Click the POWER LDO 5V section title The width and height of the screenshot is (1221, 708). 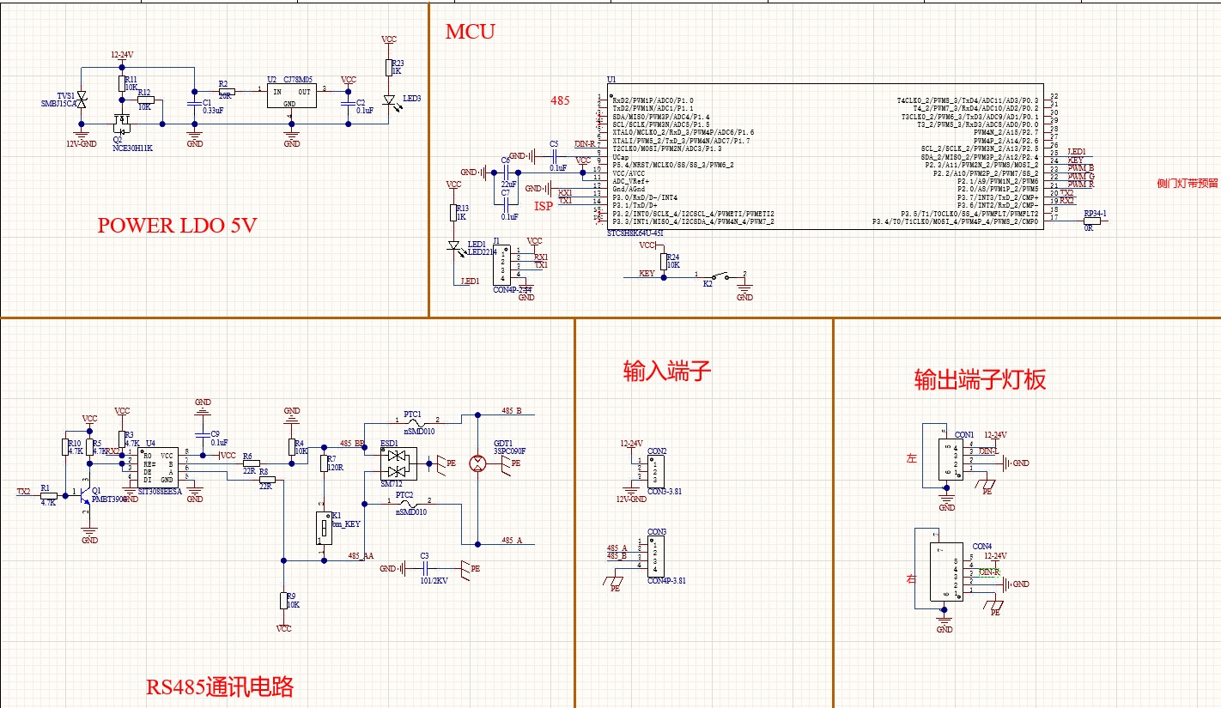[177, 226]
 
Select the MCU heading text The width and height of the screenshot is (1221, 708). [470, 33]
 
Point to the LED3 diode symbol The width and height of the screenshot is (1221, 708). [389, 101]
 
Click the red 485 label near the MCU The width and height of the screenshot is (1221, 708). [560, 100]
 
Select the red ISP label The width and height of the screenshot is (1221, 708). [544, 206]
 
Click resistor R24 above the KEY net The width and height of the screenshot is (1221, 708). [662, 261]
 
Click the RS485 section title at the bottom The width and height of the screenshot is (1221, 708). [220, 687]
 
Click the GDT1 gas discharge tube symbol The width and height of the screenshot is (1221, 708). [477, 463]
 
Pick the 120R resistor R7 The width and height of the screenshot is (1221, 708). [324, 463]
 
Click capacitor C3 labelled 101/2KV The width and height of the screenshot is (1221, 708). [424, 568]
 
